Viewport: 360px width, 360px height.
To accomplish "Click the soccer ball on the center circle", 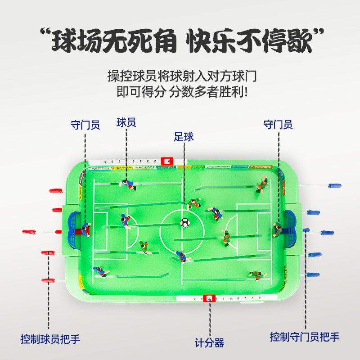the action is [184, 222].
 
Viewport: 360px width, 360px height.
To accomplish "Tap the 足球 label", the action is [184, 137].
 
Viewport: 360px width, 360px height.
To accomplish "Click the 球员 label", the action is [126, 122].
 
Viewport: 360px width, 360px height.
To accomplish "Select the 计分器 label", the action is [209, 343].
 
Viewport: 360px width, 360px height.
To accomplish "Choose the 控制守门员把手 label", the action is [305, 337].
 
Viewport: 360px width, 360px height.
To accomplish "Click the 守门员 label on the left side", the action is [85, 124].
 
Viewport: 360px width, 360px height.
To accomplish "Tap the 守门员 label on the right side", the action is [278, 124].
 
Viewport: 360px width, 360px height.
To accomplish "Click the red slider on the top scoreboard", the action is [167, 160].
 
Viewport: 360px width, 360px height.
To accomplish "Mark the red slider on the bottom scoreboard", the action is [209, 298].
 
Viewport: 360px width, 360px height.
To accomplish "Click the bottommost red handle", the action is [48, 280].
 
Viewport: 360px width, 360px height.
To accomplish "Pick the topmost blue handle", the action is [336, 184].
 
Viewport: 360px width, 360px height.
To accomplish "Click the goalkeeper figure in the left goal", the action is [85, 229].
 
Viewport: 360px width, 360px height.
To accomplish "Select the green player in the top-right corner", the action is [262, 184].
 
